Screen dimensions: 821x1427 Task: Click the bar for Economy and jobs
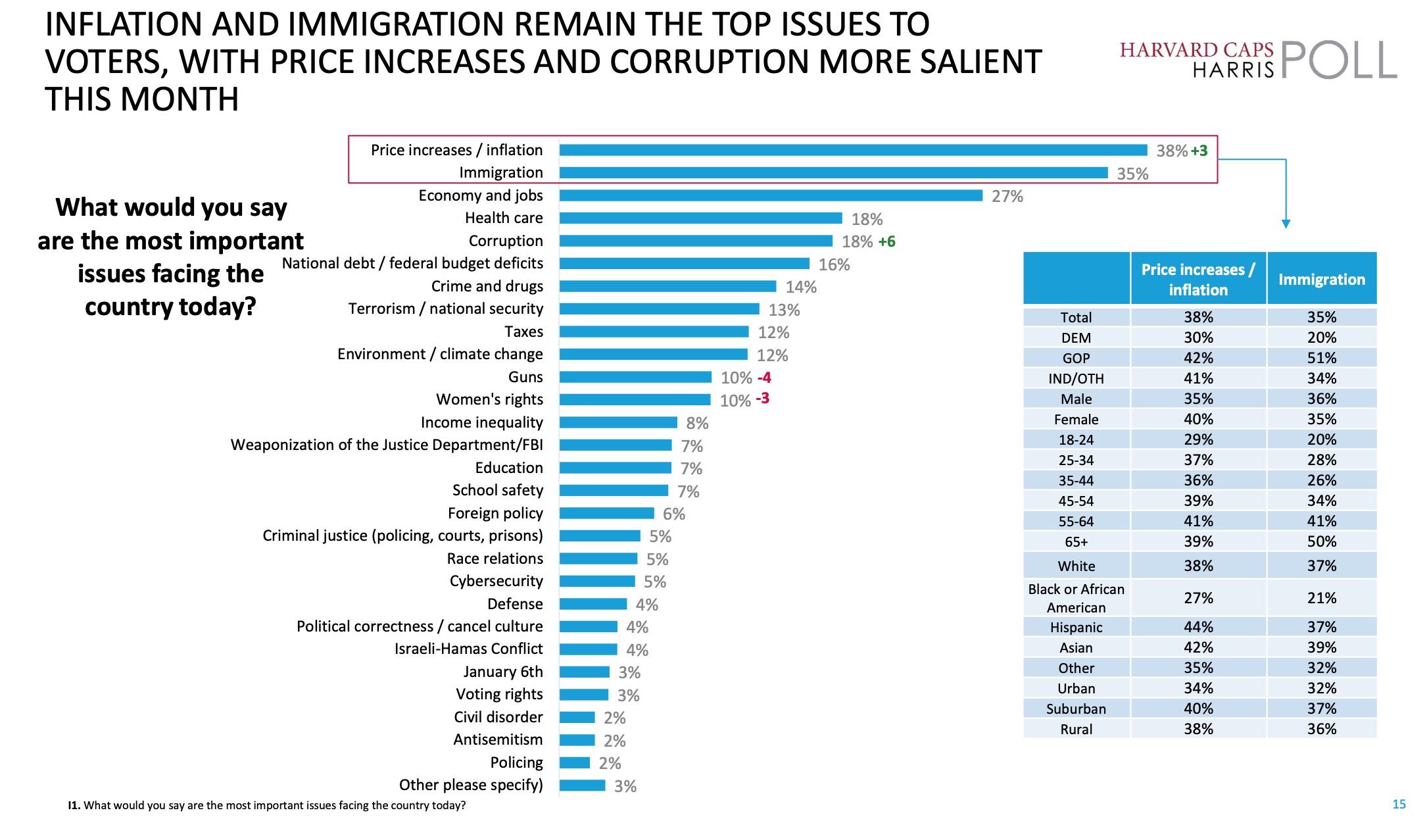(771, 195)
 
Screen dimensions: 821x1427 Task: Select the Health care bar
(700, 218)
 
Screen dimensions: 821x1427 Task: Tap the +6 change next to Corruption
(886, 241)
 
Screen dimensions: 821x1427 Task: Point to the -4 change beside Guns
(763, 378)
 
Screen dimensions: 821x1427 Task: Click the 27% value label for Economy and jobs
(1007, 196)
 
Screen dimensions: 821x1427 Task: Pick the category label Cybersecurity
(496, 581)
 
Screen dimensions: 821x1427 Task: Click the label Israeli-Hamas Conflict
(468, 649)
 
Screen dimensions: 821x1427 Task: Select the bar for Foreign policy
(606, 513)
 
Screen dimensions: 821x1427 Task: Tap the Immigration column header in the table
(1321, 279)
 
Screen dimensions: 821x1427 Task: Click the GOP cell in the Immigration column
(1321, 358)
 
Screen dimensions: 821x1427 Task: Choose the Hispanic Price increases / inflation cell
(1198, 627)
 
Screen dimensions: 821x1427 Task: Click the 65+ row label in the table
(1076, 541)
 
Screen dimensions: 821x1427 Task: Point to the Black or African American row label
(1076, 598)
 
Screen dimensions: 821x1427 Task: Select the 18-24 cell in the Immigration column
(1321, 439)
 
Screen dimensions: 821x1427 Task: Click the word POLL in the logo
(1339, 61)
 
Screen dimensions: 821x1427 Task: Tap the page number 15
(1399, 804)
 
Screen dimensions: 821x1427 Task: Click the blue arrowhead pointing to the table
(1286, 224)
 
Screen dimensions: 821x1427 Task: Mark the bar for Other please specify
(582, 785)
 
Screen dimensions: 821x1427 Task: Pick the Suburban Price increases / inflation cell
(1198, 709)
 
